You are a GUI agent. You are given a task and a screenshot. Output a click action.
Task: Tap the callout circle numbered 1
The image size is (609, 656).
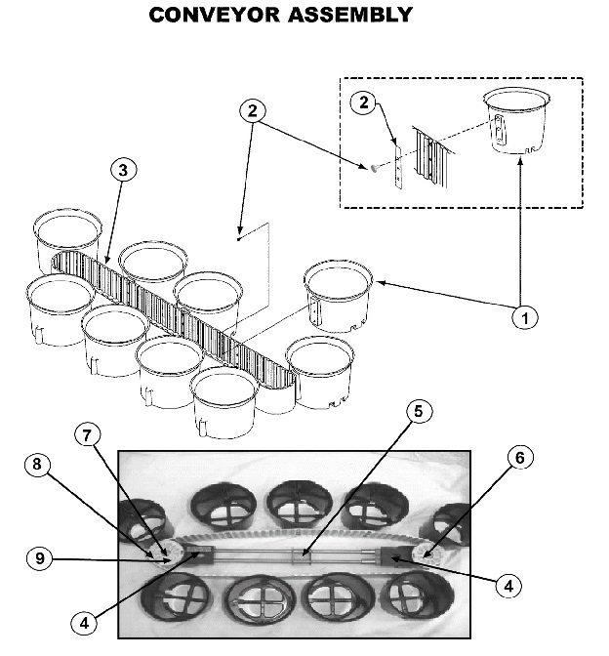523,317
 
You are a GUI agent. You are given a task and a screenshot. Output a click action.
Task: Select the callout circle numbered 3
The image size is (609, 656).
122,170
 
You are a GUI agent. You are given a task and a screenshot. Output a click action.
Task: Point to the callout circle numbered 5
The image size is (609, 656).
418,411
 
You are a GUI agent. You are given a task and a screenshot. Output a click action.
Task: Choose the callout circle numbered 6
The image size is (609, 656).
518,457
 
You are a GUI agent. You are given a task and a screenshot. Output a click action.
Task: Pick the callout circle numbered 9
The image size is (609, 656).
38,558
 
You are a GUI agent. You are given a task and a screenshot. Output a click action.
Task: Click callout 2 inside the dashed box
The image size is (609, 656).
362,102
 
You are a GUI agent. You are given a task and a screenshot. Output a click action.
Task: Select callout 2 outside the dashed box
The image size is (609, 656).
254,110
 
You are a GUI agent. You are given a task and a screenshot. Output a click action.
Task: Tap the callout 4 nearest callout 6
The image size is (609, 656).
507,587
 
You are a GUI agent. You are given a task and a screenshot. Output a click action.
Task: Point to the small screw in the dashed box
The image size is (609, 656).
374,169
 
